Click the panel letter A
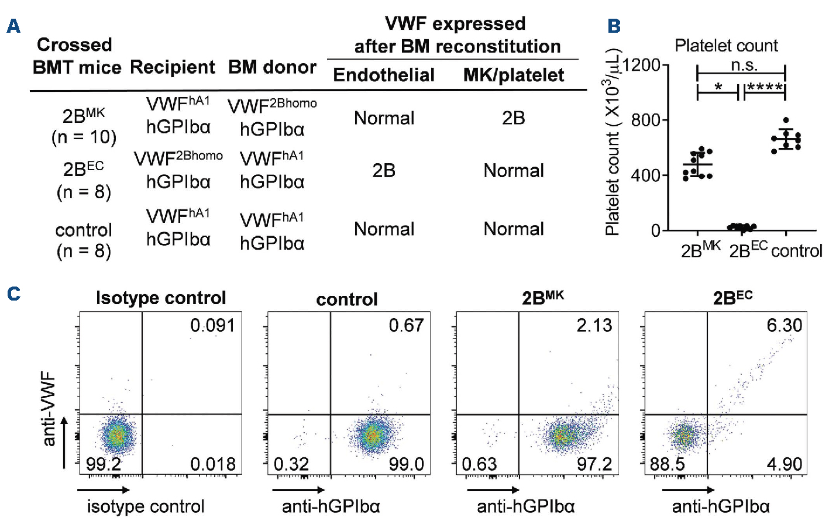pyautogui.click(x=13, y=26)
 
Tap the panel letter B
pyautogui.click(x=614, y=26)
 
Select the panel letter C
pyautogui.click(x=13, y=294)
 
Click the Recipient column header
pyautogui.click(x=173, y=67)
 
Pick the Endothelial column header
pyautogui.click(x=384, y=75)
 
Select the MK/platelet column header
pyautogui.click(x=514, y=75)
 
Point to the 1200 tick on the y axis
pyautogui.click(x=641, y=65)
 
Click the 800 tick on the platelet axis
pyautogui.click(x=646, y=120)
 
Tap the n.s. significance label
pyautogui.click(x=744, y=65)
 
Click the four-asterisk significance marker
pyautogui.click(x=765, y=88)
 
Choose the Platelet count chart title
pyautogui.click(x=726, y=46)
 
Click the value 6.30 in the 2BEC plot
pyautogui.click(x=784, y=325)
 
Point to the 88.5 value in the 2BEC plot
pyautogui.click(x=668, y=464)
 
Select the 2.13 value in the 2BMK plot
pyautogui.click(x=594, y=325)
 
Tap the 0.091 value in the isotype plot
pyautogui.click(x=212, y=325)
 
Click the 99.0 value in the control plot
pyautogui.click(x=407, y=464)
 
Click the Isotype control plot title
pyautogui.click(x=161, y=298)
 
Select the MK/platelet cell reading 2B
pyautogui.click(x=513, y=118)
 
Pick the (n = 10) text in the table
pyautogui.click(x=84, y=137)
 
